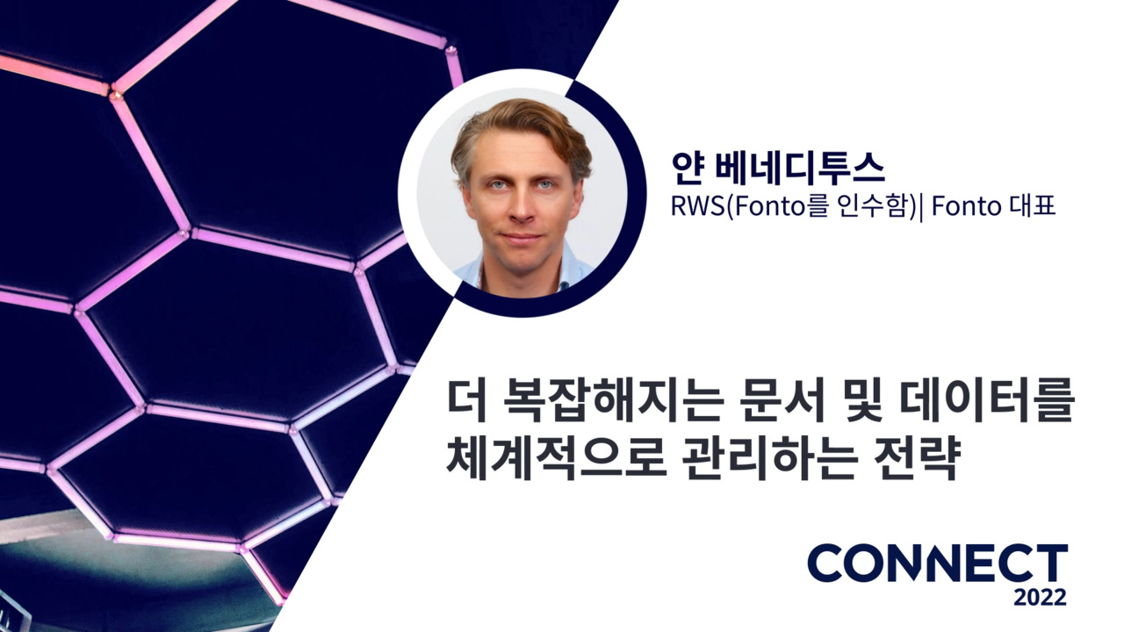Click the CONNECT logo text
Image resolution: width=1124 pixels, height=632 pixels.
coord(937,563)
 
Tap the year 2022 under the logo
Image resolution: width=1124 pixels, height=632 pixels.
coord(1040,598)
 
